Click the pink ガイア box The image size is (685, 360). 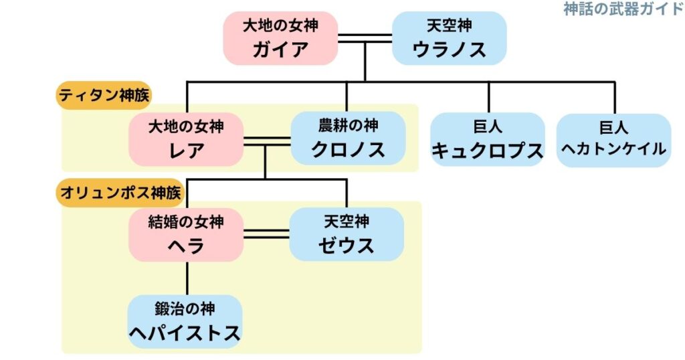pyautogui.click(x=280, y=38)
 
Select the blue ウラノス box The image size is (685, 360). pyautogui.click(x=449, y=38)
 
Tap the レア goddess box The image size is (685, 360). pyautogui.click(x=186, y=139)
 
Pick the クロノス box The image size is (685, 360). pyautogui.click(x=348, y=138)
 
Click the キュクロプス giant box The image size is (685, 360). pyautogui.click(x=487, y=139)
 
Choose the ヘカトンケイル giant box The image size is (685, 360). pyautogui.click(x=613, y=139)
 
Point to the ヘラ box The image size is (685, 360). pyautogui.click(x=186, y=234)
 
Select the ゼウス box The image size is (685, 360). pyautogui.click(x=347, y=234)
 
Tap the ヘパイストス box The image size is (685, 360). pyautogui.click(x=185, y=322)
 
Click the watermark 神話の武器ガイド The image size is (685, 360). pyautogui.click(x=623, y=9)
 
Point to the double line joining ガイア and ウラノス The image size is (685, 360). pyautogui.click(x=365, y=38)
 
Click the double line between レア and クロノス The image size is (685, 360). pyautogui.click(x=266, y=141)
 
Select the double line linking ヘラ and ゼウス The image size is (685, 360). pyautogui.click(x=266, y=234)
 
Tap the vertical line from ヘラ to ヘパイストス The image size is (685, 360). pyautogui.click(x=187, y=278)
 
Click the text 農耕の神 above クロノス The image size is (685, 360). pyautogui.click(x=348, y=125)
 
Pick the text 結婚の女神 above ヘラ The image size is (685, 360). pyautogui.click(x=186, y=221)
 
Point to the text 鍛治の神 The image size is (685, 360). pyautogui.click(x=185, y=309)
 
